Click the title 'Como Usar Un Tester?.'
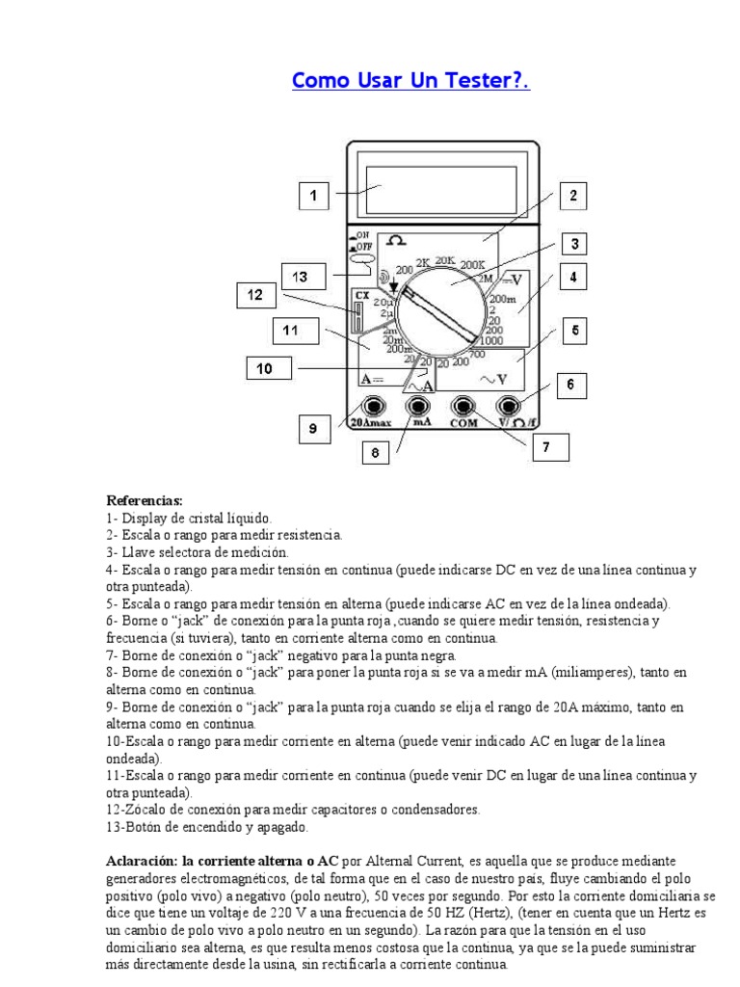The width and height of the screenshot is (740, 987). (410, 80)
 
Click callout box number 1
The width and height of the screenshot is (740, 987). (312, 197)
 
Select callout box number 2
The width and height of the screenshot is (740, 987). (572, 197)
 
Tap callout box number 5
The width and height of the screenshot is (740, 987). (574, 332)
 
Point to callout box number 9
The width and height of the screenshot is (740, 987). (313, 430)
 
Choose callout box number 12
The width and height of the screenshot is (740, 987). (254, 295)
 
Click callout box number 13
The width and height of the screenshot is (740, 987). (301, 277)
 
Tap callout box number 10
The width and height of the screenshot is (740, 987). (263, 367)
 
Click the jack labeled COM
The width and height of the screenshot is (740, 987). (464, 407)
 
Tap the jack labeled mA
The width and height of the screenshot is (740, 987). (420, 407)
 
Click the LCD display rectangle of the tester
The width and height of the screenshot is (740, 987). (441, 187)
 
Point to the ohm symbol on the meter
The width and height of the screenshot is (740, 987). (394, 241)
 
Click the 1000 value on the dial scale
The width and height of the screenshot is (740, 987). (490, 340)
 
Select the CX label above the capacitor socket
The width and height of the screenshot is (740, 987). (361, 295)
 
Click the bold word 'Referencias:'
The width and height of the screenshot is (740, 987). (144, 501)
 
